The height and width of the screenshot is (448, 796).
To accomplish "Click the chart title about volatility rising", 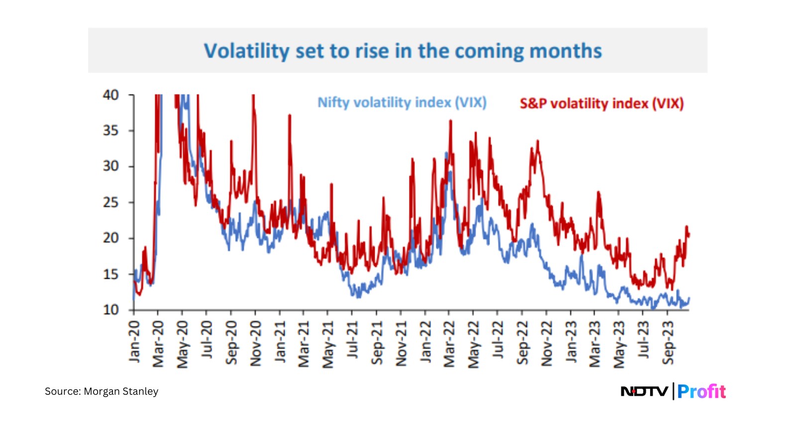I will click(x=402, y=51).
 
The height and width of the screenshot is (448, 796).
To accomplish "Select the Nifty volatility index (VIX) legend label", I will click(x=402, y=103).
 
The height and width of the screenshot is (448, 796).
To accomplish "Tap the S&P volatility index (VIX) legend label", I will click(x=601, y=104).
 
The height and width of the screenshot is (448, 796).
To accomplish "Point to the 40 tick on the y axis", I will click(x=111, y=95).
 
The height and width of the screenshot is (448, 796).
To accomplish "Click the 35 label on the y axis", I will click(x=111, y=130).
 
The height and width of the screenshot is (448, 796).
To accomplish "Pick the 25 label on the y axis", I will click(x=111, y=202).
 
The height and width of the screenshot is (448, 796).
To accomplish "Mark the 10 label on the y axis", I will click(x=111, y=310).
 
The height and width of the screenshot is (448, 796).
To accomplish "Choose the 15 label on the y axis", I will click(x=111, y=274).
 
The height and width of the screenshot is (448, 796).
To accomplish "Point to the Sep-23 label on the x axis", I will click(x=668, y=342).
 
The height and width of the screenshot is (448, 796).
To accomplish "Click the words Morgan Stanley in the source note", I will click(x=121, y=391).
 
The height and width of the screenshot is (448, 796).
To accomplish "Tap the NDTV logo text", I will click(x=644, y=391).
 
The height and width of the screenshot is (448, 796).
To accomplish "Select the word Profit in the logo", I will click(x=701, y=391).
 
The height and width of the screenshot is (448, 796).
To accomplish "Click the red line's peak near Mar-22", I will click(x=451, y=121).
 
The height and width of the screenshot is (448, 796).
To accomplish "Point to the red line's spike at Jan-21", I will click(x=290, y=115).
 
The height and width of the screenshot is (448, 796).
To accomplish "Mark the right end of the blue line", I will click(x=689, y=298).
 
